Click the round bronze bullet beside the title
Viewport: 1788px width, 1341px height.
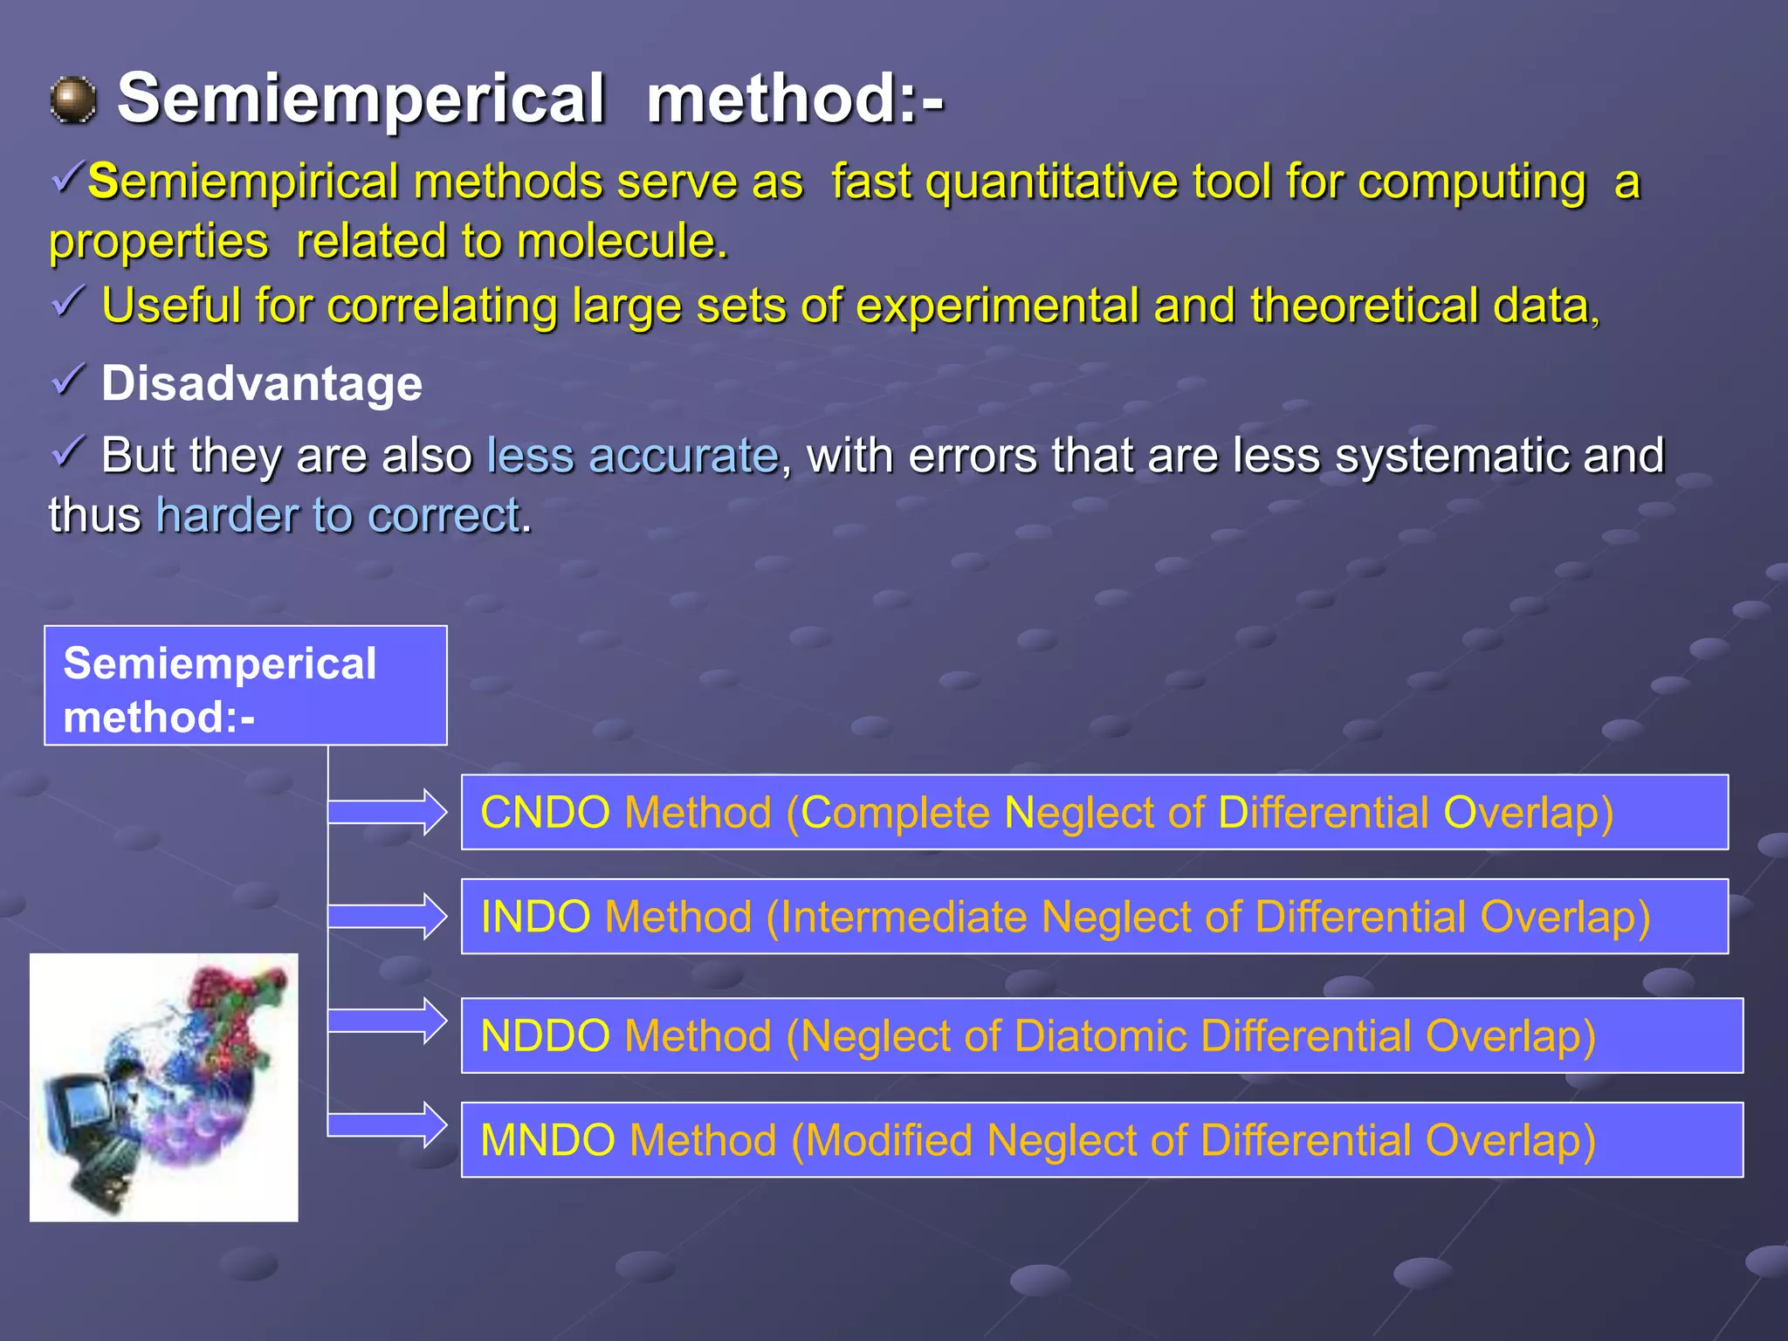[73, 100]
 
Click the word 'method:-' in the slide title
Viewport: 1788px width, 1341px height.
[794, 98]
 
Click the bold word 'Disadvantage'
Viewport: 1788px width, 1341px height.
[262, 383]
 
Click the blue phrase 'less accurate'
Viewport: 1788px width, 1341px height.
[632, 456]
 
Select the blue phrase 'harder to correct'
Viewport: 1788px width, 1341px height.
[339, 515]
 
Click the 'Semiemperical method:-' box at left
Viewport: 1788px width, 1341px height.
[245, 686]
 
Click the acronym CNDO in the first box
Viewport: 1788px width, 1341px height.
[545, 813]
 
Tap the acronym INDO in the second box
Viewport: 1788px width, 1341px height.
[535, 918]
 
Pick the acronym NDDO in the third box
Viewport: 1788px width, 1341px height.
[545, 1036]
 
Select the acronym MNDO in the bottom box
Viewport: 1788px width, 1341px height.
[547, 1141]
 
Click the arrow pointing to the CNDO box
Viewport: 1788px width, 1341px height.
[389, 813]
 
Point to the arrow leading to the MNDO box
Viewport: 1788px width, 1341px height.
[389, 1126]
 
